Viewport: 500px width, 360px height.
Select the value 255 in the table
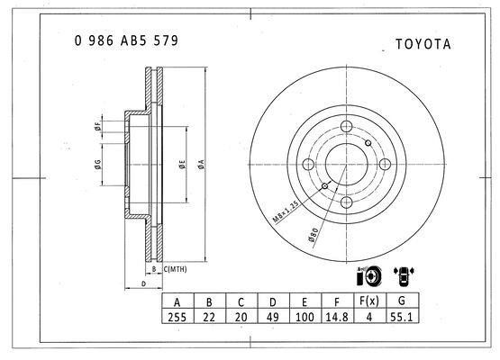[x=177, y=318]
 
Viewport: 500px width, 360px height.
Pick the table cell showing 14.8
[x=337, y=318]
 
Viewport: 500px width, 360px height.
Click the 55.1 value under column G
[x=401, y=318]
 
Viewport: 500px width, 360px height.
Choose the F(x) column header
[x=368, y=301]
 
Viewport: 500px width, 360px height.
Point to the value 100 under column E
[x=305, y=318]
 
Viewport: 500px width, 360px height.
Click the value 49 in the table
[x=272, y=318]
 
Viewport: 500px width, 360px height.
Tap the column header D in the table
[x=272, y=301]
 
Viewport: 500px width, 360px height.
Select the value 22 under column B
[x=208, y=318]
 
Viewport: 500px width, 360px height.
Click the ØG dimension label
[x=96, y=164]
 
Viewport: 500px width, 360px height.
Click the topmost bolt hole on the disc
[x=345, y=125]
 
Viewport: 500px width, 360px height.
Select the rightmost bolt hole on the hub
[x=384, y=164]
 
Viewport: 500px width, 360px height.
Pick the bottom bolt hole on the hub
[x=345, y=202]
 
